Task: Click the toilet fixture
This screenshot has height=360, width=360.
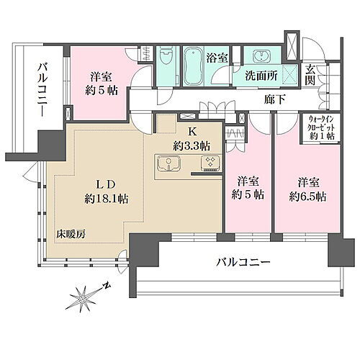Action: [166, 57]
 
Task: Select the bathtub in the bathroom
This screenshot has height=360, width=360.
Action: [194, 65]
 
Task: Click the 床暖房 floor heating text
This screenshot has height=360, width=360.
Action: [73, 235]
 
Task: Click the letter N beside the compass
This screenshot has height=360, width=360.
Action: [107, 285]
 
